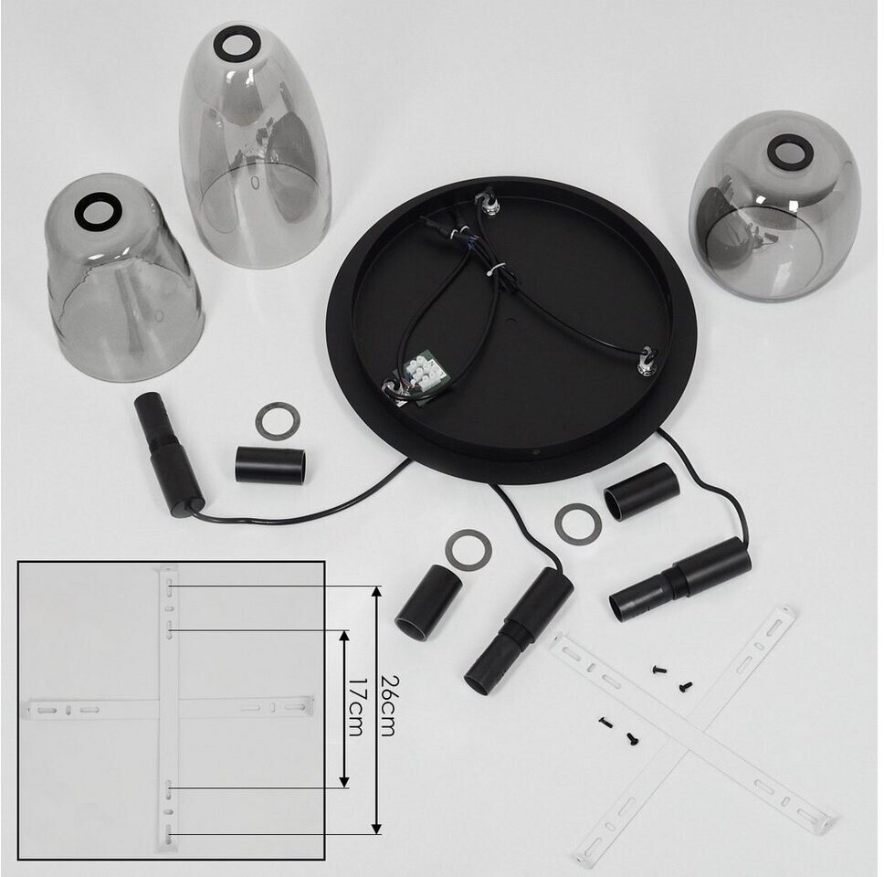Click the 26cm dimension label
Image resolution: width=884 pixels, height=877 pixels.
pos(387,705)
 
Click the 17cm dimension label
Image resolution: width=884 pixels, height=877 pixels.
pos(355,707)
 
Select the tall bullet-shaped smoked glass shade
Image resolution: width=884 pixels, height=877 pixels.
pos(254,145)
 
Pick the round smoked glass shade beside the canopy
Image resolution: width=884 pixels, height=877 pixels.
pos(774,206)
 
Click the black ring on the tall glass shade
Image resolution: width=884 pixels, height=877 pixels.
pos(237,44)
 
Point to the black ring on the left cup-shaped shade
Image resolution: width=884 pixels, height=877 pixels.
pos(99,212)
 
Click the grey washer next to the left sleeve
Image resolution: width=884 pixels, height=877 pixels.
pos(278,421)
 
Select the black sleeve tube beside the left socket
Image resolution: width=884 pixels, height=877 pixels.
pos(271,465)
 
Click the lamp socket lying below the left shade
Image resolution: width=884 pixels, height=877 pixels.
pos(168,453)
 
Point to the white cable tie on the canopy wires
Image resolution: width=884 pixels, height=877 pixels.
pos(495,269)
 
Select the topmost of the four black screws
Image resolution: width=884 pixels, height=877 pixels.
pos(659,670)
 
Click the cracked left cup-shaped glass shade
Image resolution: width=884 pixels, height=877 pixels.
pos(123,278)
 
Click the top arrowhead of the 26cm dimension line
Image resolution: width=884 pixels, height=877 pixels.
pos(377,592)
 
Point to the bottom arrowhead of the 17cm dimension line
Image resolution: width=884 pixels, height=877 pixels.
pos(343,781)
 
